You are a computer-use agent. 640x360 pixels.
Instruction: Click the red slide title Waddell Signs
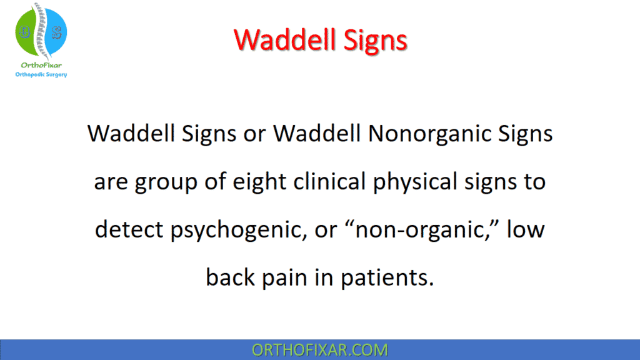coord(321,40)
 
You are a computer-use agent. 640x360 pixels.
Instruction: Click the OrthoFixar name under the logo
coord(41,64)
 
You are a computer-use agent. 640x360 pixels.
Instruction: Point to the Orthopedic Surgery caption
coord(41,74)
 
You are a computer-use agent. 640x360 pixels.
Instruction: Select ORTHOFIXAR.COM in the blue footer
coord(319,349)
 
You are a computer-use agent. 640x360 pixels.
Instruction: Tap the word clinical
coord(344,182)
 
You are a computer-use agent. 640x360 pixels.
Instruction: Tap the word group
coord(169,183)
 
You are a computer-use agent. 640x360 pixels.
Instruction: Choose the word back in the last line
coord(231,276)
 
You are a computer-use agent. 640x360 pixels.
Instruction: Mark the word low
coord(525,229)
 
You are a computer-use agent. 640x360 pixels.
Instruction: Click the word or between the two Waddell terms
coord(257,134)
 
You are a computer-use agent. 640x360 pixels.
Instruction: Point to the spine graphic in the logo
coord(41,31)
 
